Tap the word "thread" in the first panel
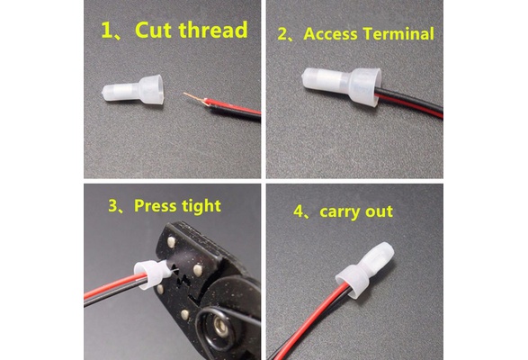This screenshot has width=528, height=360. [213, 29]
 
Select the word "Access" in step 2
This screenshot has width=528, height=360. [330, 34]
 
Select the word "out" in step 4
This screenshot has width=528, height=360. [380, 211]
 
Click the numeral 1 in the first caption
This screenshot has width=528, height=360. [108, 31]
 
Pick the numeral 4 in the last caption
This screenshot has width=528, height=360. [299, 211]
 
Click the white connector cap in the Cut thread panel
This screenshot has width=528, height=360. [133, 89]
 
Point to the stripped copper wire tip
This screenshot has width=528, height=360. [194, 98]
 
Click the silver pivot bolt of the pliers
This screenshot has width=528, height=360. [220, 328]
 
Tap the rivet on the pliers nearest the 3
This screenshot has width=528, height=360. [172, 241]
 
